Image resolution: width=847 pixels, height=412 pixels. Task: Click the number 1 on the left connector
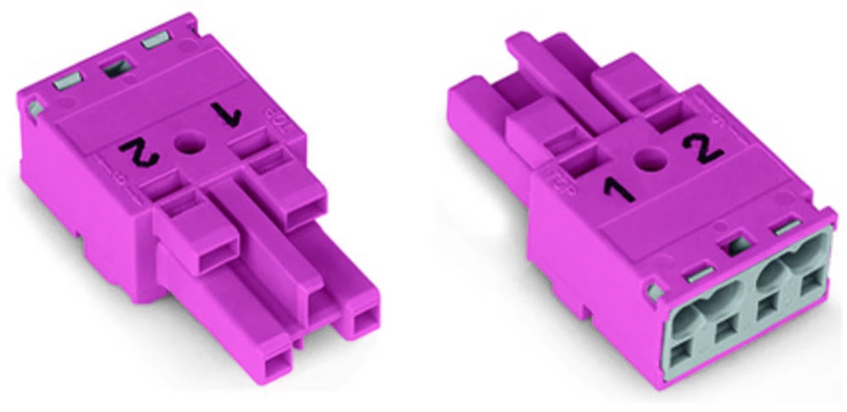pos(226,114)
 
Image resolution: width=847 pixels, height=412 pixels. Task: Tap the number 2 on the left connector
pos(140,152)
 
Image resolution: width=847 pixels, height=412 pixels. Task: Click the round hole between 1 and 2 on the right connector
pos(650,159)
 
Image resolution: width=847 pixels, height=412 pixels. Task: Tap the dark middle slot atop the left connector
pos(116,68)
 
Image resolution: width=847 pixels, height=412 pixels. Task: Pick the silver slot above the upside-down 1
pos(156,40)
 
